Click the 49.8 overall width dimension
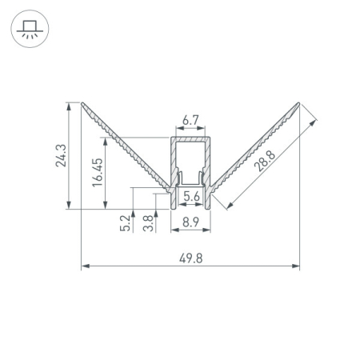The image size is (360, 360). tap(190, 258)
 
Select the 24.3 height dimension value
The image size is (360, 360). tap(61, 156)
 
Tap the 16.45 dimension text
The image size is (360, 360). tap(98, 173)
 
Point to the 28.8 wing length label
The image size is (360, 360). tap(264, 161)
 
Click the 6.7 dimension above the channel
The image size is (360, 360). tap(190, 120)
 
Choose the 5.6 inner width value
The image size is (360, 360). tap(191, 197)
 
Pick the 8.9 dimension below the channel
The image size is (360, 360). tap(190, 222)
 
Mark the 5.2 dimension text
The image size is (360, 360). tap(125, 223)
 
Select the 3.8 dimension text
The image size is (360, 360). tap(148, 223)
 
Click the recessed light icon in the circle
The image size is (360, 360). tap(30, 29)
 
